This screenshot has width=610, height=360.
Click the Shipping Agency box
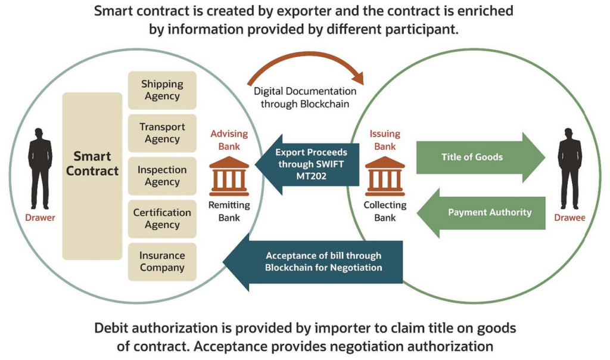click(x=162, y=90)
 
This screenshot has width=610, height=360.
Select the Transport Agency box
click(x=162, y=133)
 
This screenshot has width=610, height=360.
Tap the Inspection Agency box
click(x=162, y=176)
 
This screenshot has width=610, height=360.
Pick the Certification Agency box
click(x=162, y=219)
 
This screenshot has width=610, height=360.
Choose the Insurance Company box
click(x=162, y=262)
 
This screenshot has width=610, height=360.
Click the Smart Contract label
click(x=92, y=163)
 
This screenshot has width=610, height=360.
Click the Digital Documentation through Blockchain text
click(x=305, y=97)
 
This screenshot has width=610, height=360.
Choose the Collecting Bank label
click(x=385, y=211)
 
